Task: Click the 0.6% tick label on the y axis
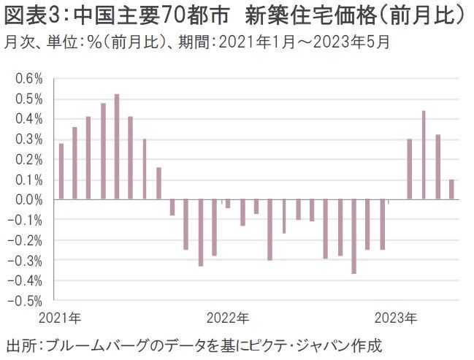click(x=28, y=78)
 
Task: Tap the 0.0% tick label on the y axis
click(x=28, y=199)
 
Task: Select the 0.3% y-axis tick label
click(x=28, y=139)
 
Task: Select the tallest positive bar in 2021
click(x=117, y=147)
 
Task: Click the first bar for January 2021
click(x=61, y=172)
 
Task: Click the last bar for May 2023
click(x=451, y=189)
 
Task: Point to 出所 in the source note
click(x=20, y=345)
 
